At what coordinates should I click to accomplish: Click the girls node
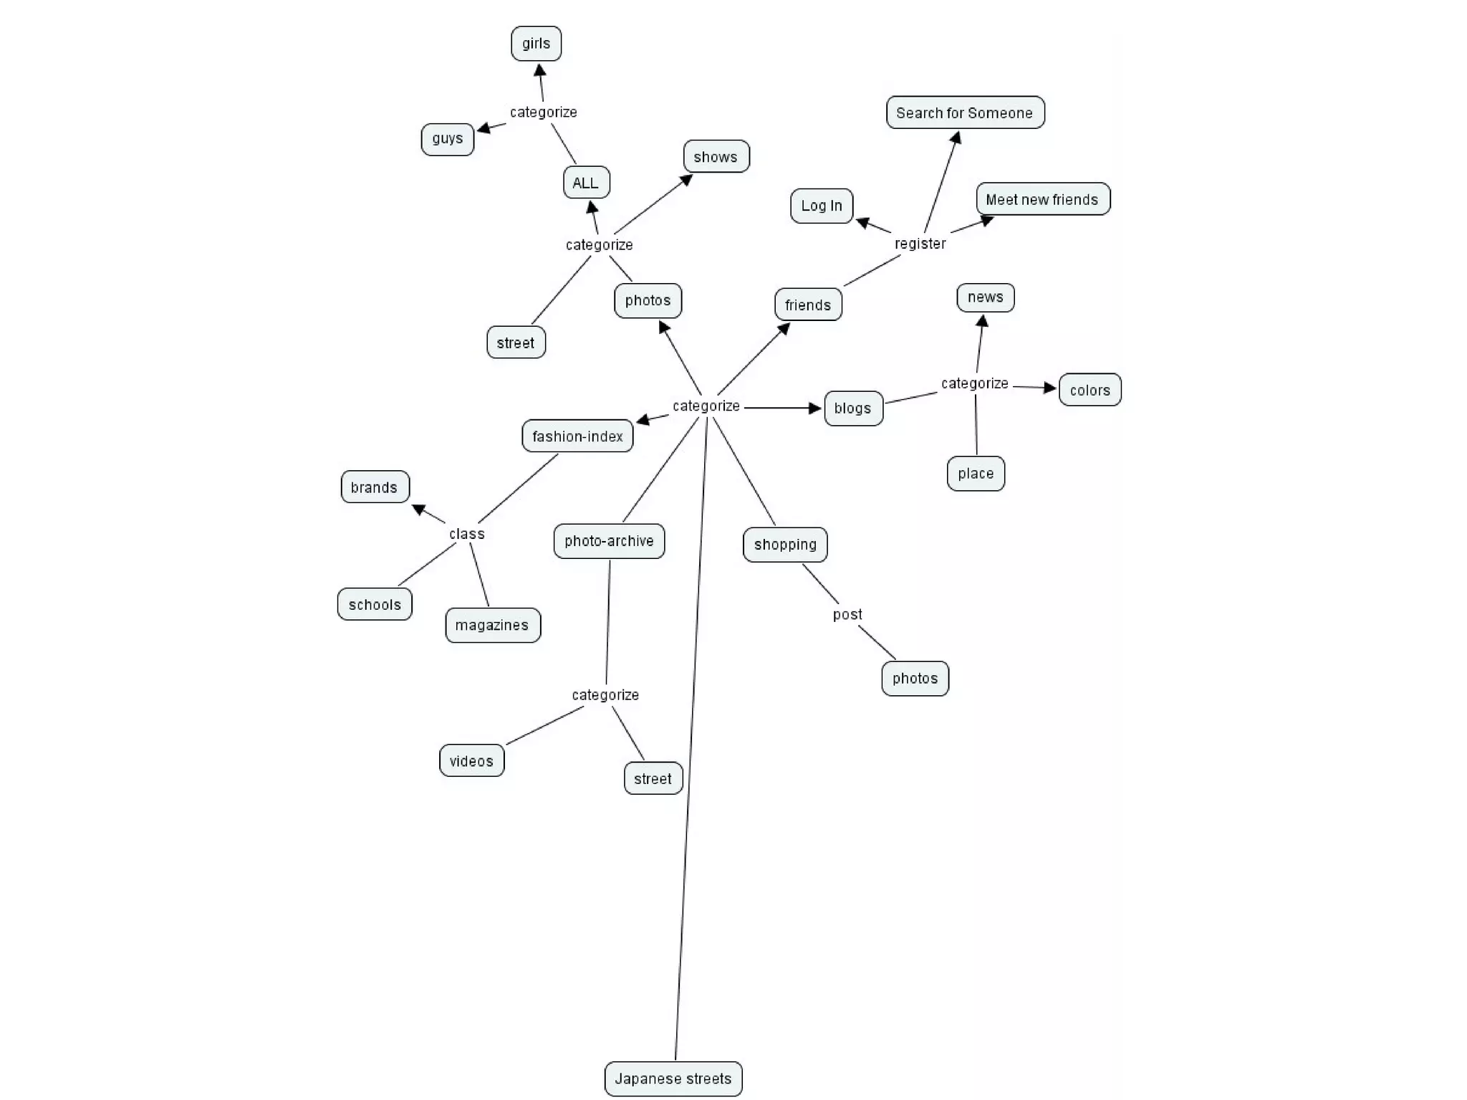536,44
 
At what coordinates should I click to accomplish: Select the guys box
447,139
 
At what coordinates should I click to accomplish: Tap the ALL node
586,183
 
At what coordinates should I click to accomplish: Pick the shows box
716,157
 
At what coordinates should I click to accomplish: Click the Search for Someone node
965,113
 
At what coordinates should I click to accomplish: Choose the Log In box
822,206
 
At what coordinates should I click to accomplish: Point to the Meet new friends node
1042,199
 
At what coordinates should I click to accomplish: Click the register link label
920,244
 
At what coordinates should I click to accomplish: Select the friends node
808,305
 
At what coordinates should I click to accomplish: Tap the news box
986,297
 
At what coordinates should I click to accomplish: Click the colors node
1090,391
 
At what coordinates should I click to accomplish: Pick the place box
976,474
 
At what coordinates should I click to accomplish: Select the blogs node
853,408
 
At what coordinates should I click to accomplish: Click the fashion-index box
577,436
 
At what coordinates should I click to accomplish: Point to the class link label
467,534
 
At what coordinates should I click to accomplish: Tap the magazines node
492,626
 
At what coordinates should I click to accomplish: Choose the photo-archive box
609,541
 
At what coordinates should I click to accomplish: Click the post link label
847,615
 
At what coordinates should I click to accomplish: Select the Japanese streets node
673,1079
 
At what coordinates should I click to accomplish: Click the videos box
471,761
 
